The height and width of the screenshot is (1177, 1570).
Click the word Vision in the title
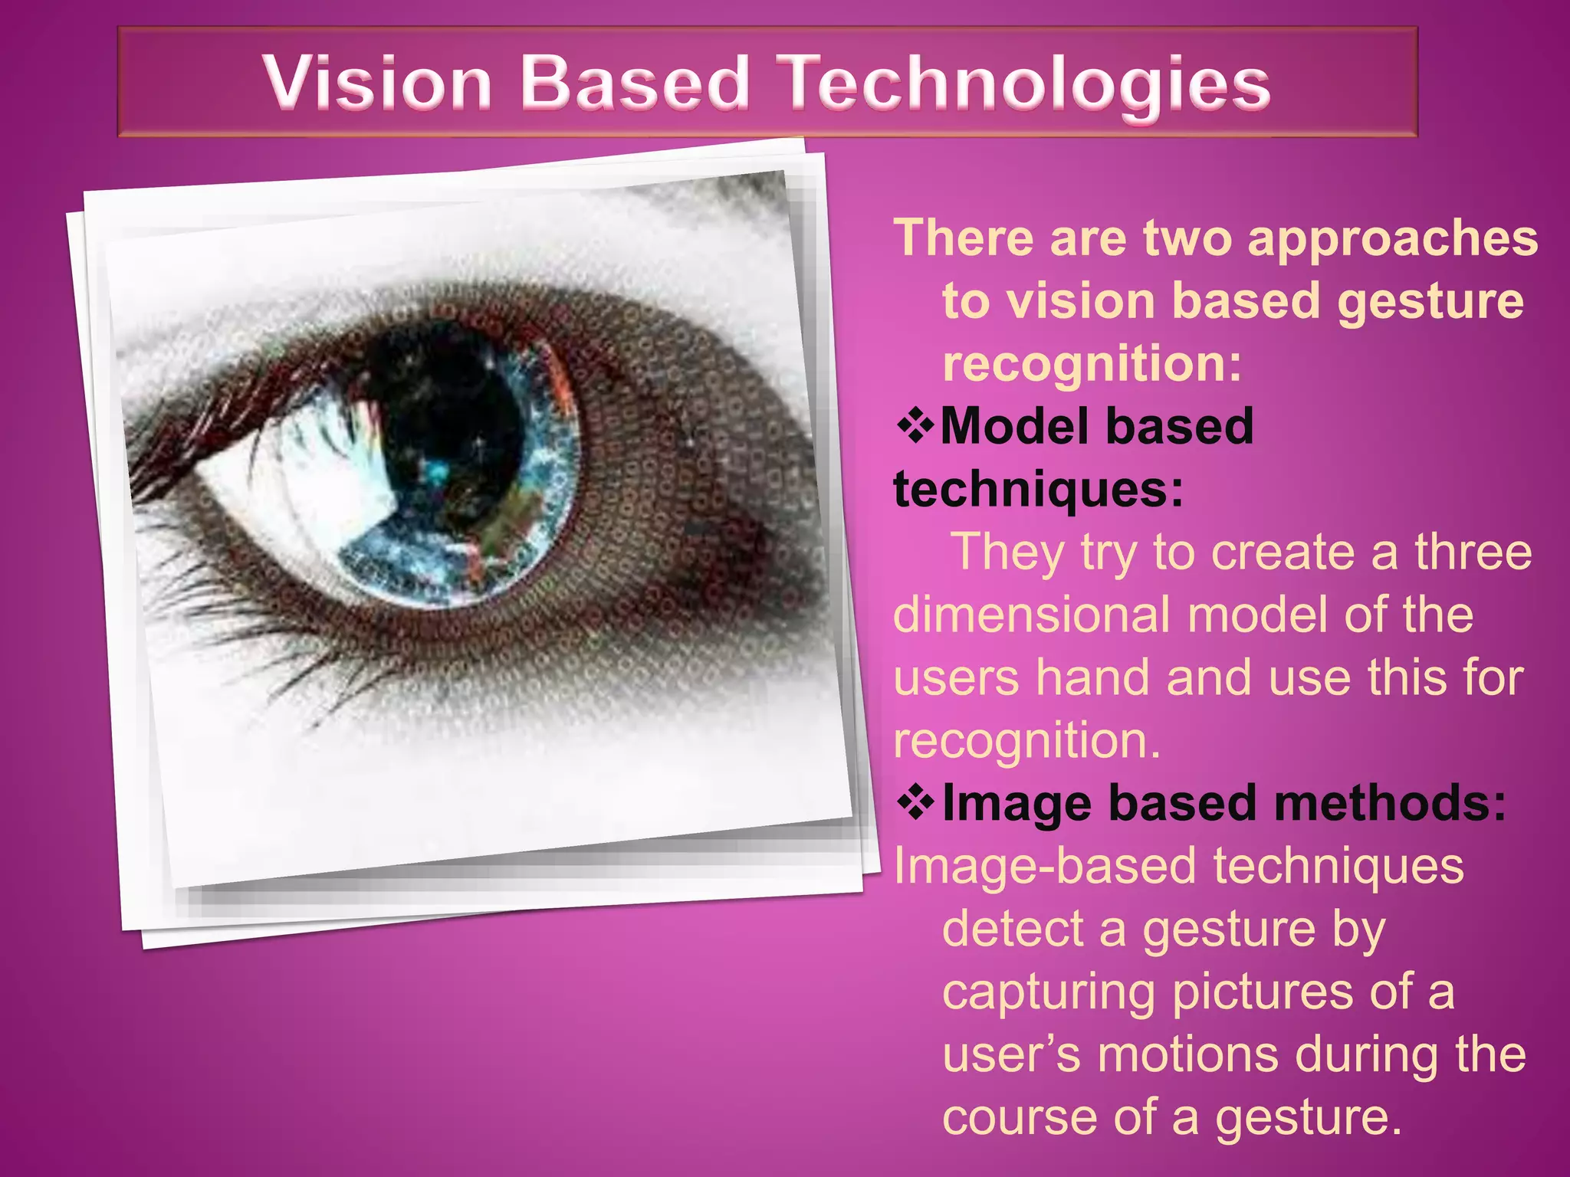pos(377,82)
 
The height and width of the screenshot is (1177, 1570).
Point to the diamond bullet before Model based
pos(915,427)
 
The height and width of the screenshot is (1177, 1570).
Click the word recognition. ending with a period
pos(1027,741)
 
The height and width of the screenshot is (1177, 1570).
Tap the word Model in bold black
pos(1006,426)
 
